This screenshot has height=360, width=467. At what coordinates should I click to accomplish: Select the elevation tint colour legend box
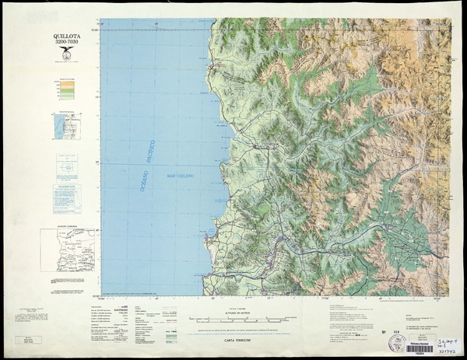[66, 90]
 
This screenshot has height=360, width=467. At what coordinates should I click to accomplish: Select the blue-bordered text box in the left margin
[66, 198]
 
